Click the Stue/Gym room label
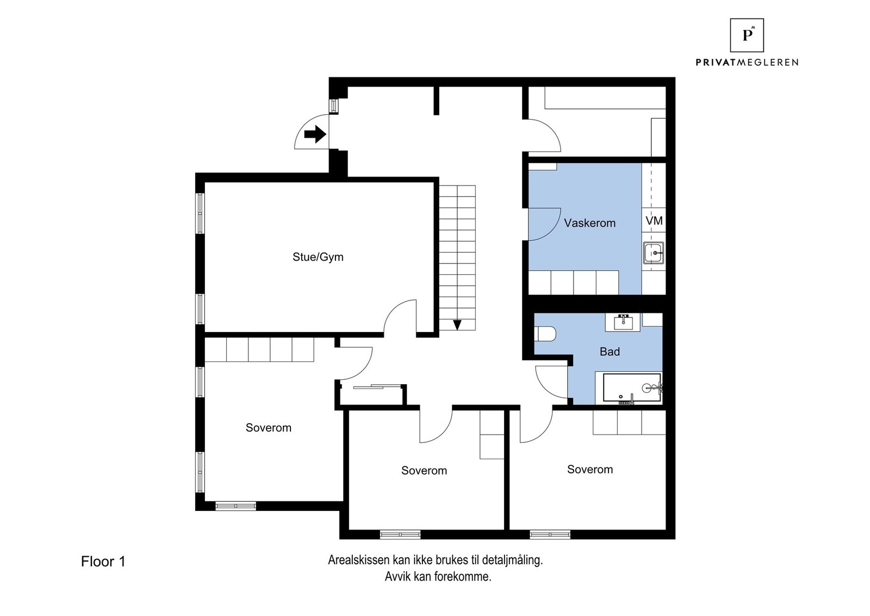(x=318, y=257)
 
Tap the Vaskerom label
(x=589, y=223)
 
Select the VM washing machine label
(x=654, y=220)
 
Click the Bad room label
(x=610, y=352)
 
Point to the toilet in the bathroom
(x=544, y=334)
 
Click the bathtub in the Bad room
(x=631, y=387)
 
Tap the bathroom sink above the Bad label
(x=623, y=322)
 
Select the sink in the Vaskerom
(x=652, y=253)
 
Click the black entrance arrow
(x=315, y=134)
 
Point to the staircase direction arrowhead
(x=457, y=325)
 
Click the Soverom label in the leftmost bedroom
(x=268, y=428)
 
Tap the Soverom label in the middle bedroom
(x=424, y=471)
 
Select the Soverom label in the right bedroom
(x=589, y=469)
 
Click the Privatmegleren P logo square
(x=747, y=35)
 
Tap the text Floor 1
(x=103, y=562)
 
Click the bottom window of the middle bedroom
(x=400, y=534)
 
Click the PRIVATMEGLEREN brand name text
(x=747, y=63)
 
